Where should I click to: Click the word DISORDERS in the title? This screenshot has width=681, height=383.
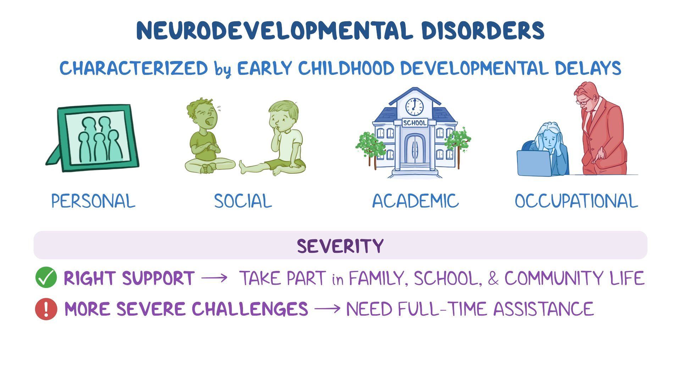pos(483,30)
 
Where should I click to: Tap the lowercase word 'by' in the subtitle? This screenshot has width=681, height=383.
pos(222,69)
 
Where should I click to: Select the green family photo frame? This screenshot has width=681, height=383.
pos(93,138)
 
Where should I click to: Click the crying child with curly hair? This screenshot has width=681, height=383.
pos(207,138)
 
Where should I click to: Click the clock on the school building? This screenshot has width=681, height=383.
pos(414,106)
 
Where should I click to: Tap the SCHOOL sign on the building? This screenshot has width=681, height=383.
pos(415,123)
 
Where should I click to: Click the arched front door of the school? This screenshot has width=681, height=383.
pos(415,149)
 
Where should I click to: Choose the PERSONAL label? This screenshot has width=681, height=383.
pos(93,201)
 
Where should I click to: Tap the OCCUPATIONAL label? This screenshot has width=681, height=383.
pos(576,201)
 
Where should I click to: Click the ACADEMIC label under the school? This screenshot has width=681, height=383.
pos(415,201)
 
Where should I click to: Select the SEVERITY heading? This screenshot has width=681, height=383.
pos(340,246)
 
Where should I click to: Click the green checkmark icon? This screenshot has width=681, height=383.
pos(46,278)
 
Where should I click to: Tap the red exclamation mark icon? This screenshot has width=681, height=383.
pos(46,309)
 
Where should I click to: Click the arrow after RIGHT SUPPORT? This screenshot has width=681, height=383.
pos(215,278)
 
